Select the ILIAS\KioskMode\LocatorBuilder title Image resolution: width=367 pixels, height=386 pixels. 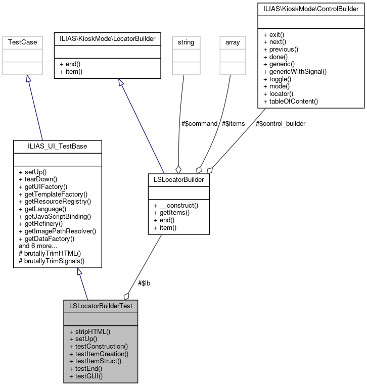[107, 38]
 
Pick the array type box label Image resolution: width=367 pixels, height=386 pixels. [232, 43]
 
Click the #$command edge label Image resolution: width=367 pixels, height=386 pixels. [199, 123]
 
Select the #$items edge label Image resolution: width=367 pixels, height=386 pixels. [234, 123]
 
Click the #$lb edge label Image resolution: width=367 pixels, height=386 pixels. [144, 283]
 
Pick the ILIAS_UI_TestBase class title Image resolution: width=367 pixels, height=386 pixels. [57, 147]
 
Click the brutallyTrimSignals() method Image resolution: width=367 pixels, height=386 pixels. [51, 262]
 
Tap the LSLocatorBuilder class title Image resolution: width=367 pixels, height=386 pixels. [178, 179]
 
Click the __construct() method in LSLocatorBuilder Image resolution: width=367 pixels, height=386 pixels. [175, 205]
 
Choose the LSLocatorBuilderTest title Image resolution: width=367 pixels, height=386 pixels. [100, 306]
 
